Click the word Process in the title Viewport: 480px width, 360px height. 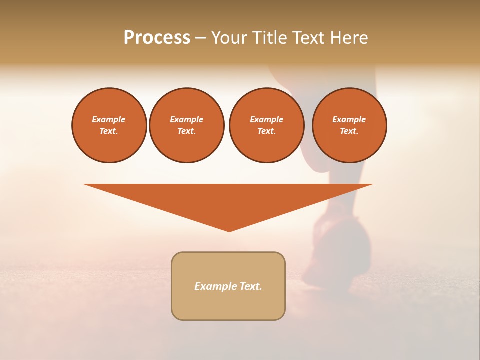(x=157, y=38)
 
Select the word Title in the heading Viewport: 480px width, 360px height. (x=270, y=38)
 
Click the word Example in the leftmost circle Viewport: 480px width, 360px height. (x=109, y=119)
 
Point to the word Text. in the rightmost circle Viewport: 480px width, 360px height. (x=349, y=131)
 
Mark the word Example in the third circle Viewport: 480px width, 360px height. (x=266, y=119)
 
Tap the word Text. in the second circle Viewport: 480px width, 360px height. (x=187, y=131)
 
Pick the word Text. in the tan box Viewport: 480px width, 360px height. (x=251, y=286)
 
